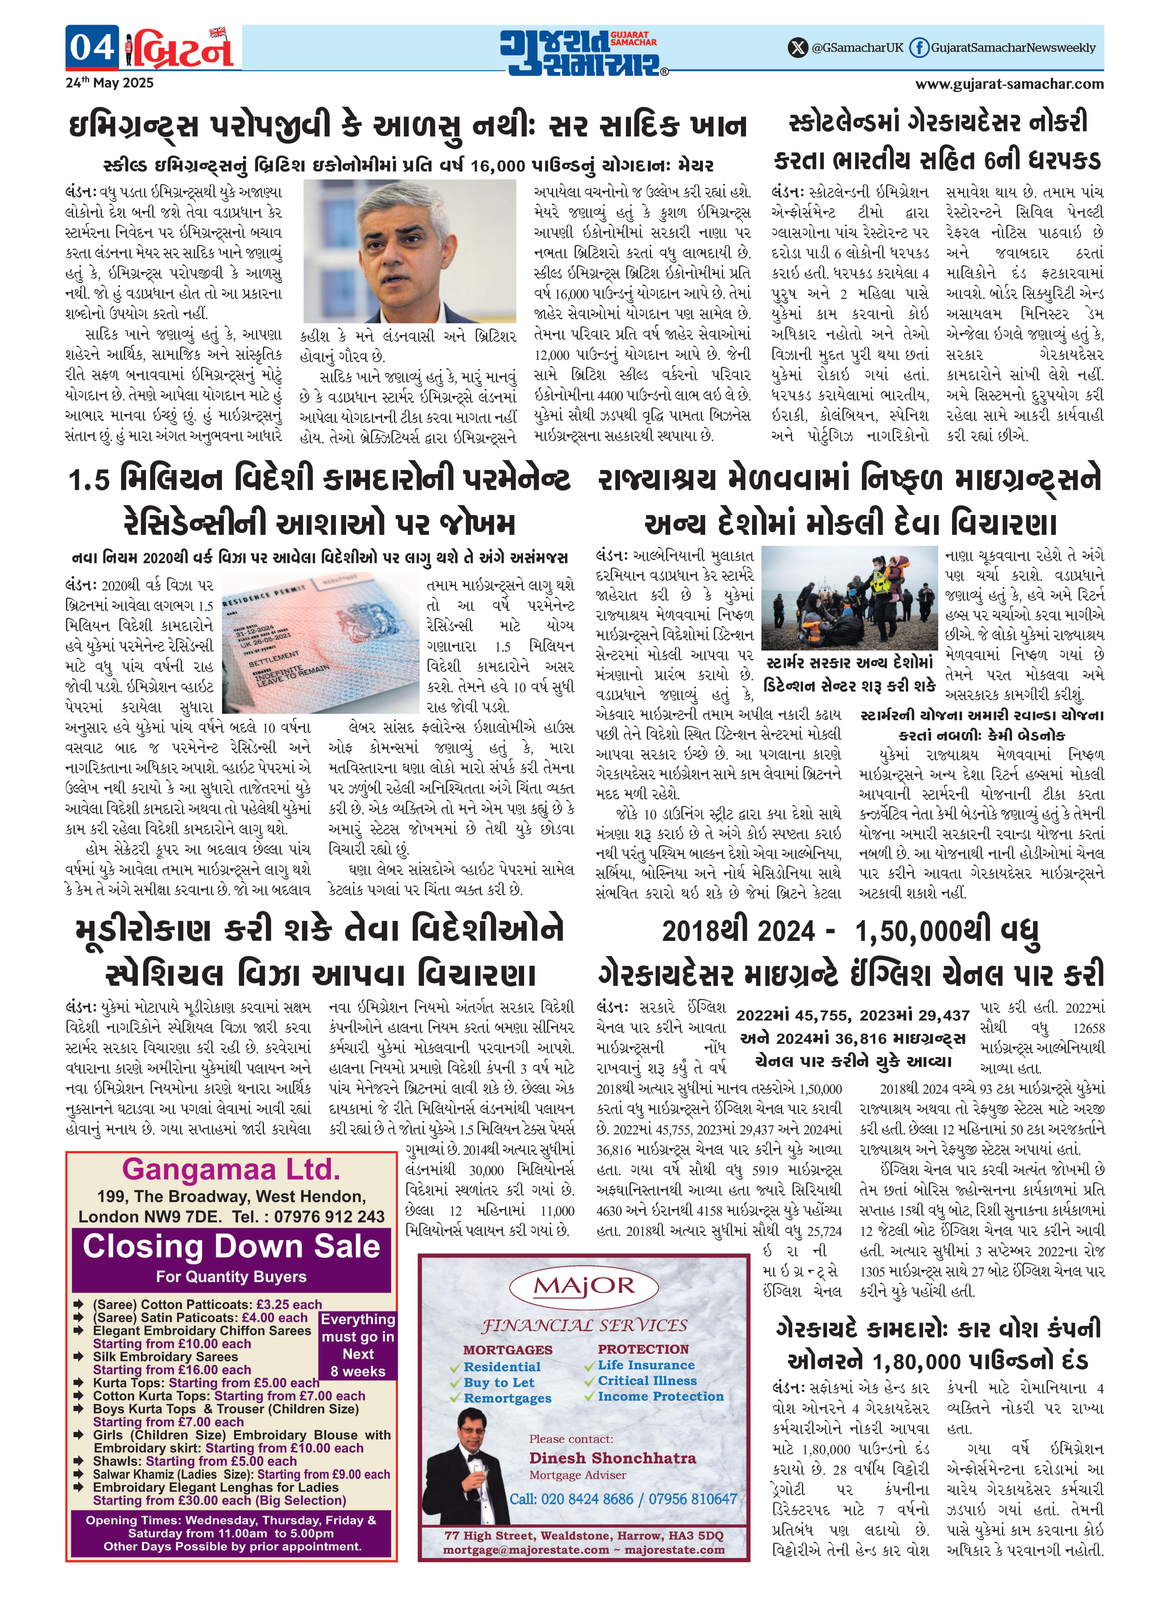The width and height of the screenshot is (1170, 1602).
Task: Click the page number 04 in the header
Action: pyautogui.click(x=91, y=47)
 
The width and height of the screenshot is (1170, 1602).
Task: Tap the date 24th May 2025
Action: pyautogui.click(x=110, y=83)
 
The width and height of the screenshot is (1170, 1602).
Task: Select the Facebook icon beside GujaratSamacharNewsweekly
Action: pyautogui.click(x=919, y=47)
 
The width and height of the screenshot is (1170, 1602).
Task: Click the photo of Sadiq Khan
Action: pyautogui.click(x=409, y=251)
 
